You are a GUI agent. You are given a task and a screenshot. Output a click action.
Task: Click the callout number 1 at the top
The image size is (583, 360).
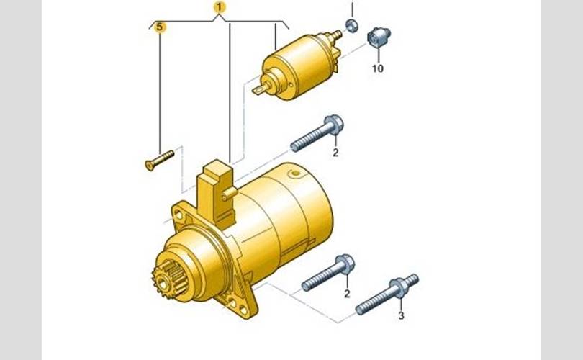(x=220, y=7)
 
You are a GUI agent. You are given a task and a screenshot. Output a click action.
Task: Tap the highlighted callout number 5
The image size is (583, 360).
(x=160, y=27)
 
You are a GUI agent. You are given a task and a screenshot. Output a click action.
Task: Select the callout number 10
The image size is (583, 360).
(x=377, y=68)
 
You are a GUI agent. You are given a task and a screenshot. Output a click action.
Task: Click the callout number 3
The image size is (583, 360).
(x=401, y=316)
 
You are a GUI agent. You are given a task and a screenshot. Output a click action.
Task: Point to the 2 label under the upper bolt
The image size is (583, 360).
(x=335, y=153)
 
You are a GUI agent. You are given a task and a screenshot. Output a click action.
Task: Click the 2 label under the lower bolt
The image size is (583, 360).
(x=347, y=294)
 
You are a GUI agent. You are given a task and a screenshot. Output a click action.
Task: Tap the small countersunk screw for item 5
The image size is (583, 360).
(x=159, y=161)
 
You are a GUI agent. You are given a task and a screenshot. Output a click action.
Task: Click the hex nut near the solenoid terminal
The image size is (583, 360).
(x=352, y=25)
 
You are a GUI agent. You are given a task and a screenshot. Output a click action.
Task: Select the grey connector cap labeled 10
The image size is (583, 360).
(x=379, y=37)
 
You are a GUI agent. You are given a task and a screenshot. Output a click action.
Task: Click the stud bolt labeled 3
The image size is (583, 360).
(x=387, y=294)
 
